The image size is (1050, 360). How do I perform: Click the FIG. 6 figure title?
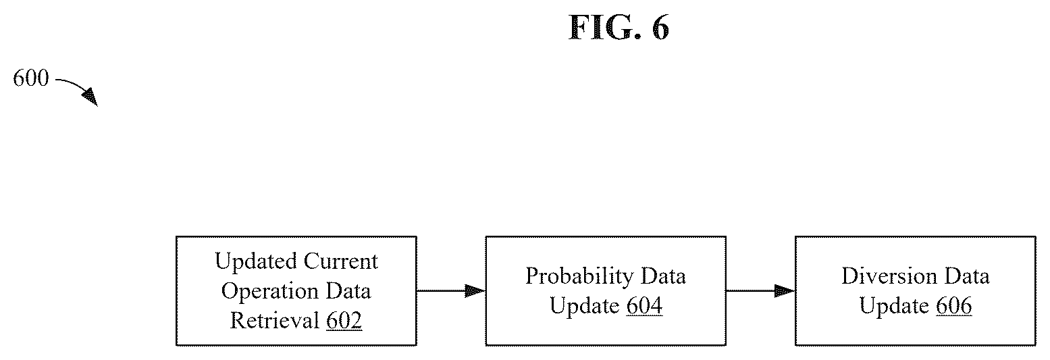point(619,28)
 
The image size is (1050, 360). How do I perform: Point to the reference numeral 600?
point(31,78)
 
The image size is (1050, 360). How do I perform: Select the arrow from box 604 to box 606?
point(761,291)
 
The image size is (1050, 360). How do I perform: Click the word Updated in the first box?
point(255,261)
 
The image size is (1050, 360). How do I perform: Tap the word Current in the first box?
point(341,261)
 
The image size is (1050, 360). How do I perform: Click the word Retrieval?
point(274,321)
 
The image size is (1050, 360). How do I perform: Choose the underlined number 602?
point(344,321)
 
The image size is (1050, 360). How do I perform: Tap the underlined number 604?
point(645,306)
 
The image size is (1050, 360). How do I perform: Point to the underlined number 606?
point(954,306)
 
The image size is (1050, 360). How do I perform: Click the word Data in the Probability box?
point(663,276)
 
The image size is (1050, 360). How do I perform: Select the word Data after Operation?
point(348,291)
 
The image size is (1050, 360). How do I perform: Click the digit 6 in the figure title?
point(660,28)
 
